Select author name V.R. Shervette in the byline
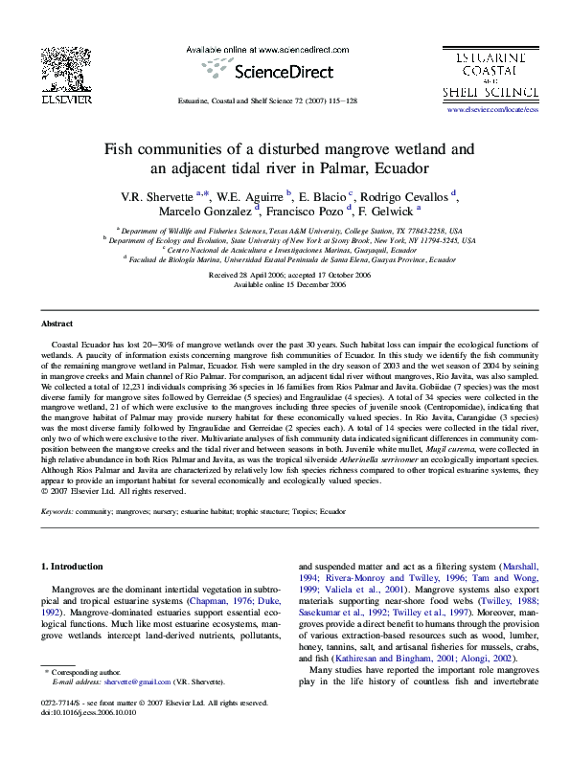tap(155, 196)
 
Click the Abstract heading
tap(57, 324)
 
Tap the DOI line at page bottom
tap(89, 740)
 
